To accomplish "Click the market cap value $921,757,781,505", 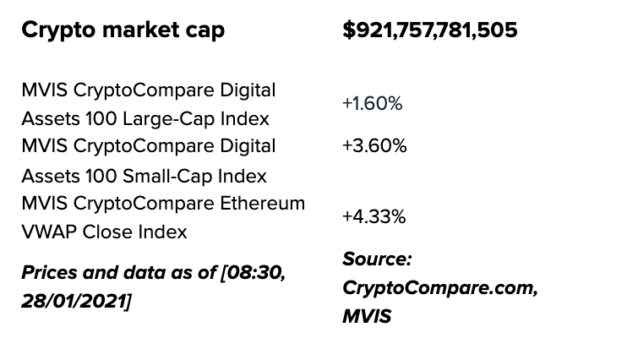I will pos(429,30).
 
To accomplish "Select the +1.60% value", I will pos(372,104).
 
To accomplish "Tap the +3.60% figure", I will pos(374,145).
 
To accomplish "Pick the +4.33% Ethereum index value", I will pos(373,216).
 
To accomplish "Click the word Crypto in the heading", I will pos(54,30).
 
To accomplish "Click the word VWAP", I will pos(47,232).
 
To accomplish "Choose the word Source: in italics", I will pos(377,259).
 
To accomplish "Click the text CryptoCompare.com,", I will pos(439,287).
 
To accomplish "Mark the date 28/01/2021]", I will pos(76,302).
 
